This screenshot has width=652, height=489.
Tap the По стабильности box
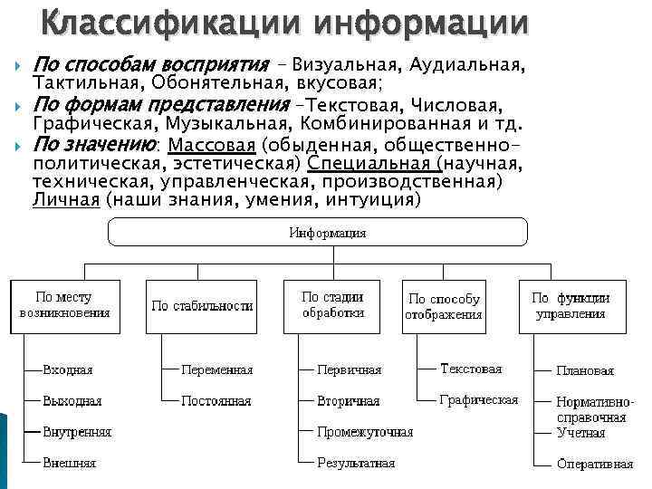tap(202, 306)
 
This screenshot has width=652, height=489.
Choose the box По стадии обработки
tap(332, 305)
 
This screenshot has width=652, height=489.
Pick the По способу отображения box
tap(444, 307)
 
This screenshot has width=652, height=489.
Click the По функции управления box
tap(570, 305)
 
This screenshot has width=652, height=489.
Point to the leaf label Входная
tap(68, 370)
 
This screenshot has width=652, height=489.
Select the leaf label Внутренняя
tap(77, 432)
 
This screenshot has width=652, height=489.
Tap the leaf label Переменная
tap(216, 370)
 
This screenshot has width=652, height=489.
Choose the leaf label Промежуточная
tap(364, 432)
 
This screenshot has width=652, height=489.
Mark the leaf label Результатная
tap(356, 463)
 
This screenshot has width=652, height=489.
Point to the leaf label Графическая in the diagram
tap(479, 399)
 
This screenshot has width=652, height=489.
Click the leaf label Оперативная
tap(595, 464)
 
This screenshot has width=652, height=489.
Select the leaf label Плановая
tap(585, 370)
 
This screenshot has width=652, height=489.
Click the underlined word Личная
tap(65, 200)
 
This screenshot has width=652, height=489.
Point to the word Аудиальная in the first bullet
tap(465, 65)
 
